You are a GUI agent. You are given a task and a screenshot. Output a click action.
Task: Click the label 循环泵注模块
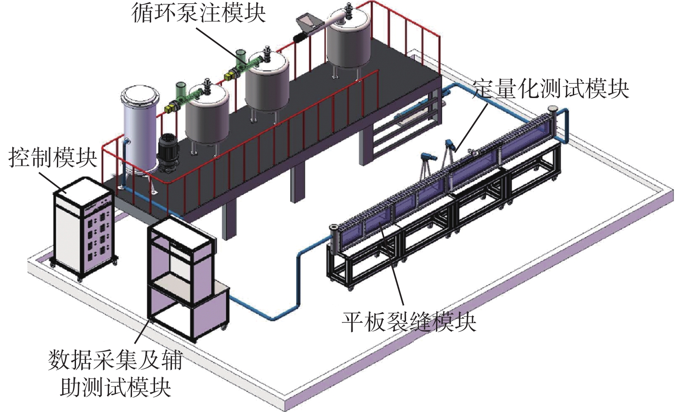coord(198,13)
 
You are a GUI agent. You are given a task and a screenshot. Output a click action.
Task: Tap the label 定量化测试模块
coord(550,89)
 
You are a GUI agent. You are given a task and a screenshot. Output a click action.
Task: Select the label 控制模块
coord(52,157)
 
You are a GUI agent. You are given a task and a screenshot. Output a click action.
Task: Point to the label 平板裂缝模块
coord(409,322)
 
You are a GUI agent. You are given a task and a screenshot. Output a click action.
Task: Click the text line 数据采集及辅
coord(116,360)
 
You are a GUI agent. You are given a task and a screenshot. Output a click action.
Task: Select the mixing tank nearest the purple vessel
coord(207,113)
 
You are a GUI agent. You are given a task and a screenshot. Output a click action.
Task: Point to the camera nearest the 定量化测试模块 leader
coord(450,146)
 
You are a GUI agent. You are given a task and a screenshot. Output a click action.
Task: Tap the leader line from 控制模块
coord(53,182)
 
